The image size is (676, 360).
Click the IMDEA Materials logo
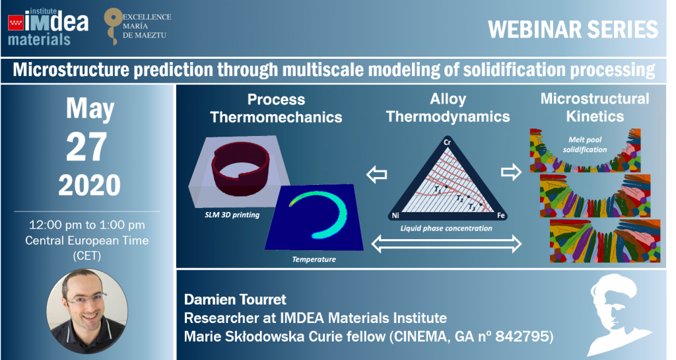(x=48, y=27)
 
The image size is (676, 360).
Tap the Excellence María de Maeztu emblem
(x=137, y=26)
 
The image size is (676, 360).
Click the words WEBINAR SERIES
(x=573, y=30)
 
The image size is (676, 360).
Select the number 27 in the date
(x=86, y=147)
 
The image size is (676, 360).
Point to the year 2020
(x=89, y=185)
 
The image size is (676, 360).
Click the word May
(x=90, y=108)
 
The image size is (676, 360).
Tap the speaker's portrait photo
(x=87, y=311)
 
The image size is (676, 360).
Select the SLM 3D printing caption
(x=232, y=215)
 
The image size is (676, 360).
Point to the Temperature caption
(x=314, y=259)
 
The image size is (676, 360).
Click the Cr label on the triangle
(x=448, y=142)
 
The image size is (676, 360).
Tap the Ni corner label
(x=395, y=215)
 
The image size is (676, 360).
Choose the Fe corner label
(x=501, y=215)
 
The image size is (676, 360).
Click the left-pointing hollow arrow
(x=376, y=174)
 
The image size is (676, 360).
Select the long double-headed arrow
(x=446, y=244)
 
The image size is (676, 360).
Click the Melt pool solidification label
(x=585, y=145)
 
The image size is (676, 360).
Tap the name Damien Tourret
(x=235, y=299)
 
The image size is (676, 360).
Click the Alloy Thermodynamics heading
(x=448, y=108)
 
